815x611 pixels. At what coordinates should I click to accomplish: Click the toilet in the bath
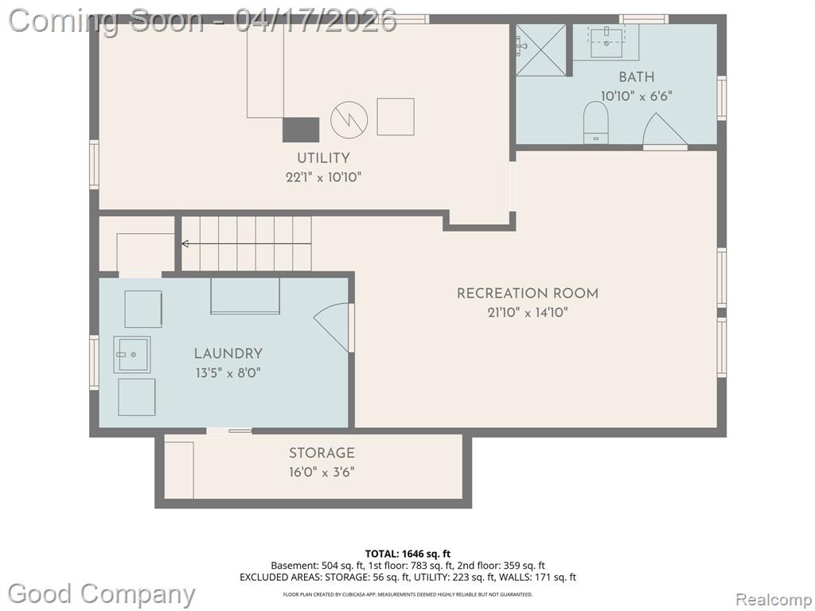point(595,122)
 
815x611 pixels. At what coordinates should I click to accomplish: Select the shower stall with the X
point(540,50)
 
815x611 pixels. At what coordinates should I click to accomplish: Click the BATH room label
point(636,77)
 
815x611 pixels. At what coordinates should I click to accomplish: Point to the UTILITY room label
point(323,158)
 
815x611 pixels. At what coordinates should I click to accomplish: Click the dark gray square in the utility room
point(300,130)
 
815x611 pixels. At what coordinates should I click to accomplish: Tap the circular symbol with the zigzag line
point(349,119)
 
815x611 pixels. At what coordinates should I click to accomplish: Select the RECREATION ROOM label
point(528,293)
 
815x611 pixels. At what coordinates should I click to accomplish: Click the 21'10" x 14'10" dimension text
point(528,312)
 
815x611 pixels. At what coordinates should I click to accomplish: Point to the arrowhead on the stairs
point(185,243)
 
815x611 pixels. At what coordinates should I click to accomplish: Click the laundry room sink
point(132,354)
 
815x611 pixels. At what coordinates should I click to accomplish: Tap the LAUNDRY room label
point(228,353)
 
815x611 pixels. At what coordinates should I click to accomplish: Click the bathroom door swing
point(665,130)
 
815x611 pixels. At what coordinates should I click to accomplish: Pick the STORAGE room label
point(322,453)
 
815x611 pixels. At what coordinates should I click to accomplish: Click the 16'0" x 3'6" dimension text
point(322,473)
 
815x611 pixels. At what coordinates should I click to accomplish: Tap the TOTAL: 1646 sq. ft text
point(407,554)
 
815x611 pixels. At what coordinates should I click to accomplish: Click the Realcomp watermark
point(774,599)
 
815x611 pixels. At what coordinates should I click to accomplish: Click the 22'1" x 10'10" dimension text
point(323,177)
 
